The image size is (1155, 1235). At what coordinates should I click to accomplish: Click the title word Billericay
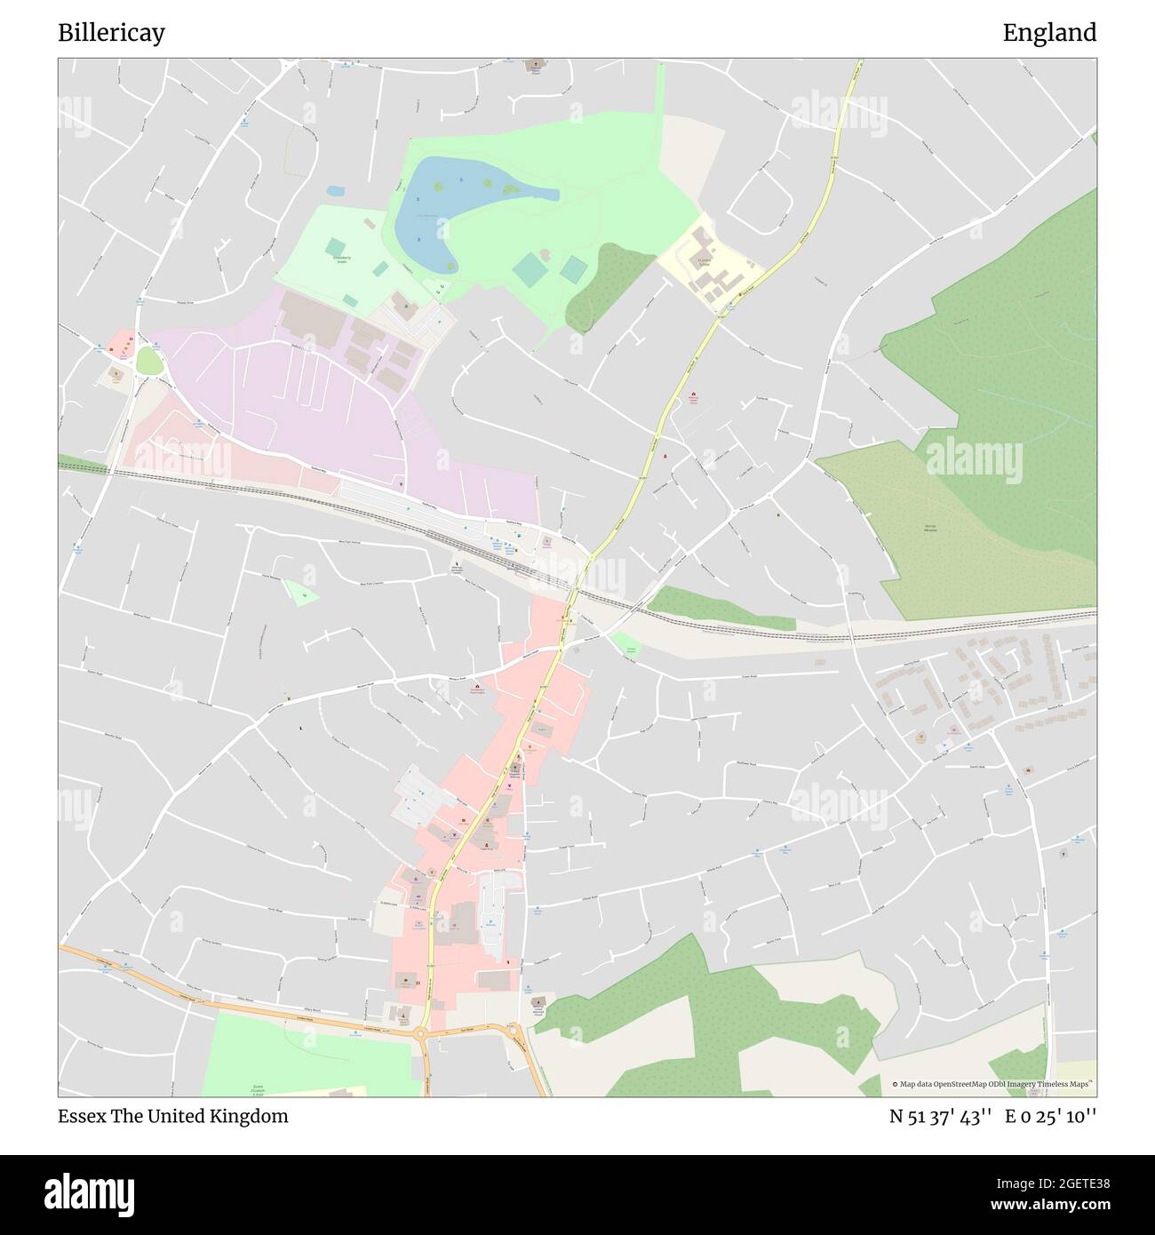click(x=111, y=33)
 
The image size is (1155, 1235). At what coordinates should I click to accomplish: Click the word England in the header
click(x=1049, y=33)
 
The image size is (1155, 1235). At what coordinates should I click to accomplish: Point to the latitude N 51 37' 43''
click(x=941, y=1116)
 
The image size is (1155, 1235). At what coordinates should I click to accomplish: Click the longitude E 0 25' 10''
click(x=1051, y=1116)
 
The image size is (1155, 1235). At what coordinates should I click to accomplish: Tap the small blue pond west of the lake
click(x=335, y=191)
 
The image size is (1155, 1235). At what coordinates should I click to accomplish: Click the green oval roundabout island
click(x=149, y=361)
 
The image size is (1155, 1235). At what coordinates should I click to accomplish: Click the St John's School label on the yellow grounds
click(x=704, y=263)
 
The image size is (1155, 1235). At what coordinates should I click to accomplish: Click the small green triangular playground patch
click(x=300, y=592)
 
